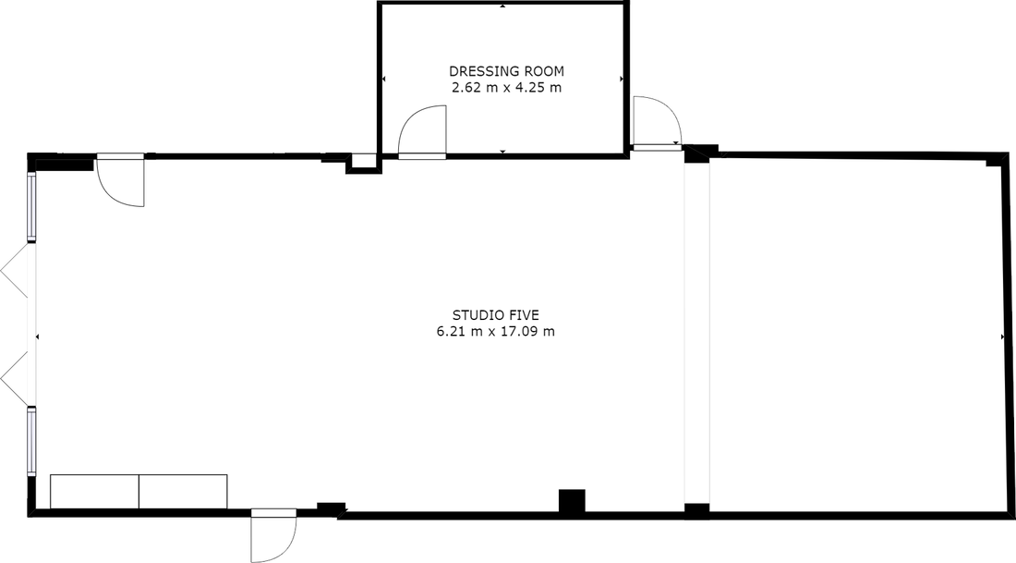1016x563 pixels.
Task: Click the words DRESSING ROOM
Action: tap(506, 70)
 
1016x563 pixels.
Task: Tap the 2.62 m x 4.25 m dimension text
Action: tap(506, 88)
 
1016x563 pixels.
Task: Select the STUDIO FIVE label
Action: tap(496, 315)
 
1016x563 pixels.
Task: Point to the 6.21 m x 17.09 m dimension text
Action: tap(496, 332)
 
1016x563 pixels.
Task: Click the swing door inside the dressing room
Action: tap(422, 132)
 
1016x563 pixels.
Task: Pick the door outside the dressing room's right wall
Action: tap(657, 123)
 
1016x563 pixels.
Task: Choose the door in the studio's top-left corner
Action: tap(120, 180)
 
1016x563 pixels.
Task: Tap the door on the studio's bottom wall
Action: tap(273, 535)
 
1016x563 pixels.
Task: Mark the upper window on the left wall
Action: tap(30, 206)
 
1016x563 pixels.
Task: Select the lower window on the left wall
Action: tap(30, 441)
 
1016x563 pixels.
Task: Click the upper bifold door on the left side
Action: tap(14, 271)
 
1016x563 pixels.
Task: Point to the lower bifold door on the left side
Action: tap(14, 379)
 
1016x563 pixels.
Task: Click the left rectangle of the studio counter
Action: tap(94, 492)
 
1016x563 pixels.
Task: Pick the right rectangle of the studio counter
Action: tap(184, 492)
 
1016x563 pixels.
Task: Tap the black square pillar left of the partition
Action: tap(572, 503)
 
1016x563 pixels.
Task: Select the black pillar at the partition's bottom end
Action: tap(696, 511)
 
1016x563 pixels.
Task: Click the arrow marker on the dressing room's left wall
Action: tap(383, 80)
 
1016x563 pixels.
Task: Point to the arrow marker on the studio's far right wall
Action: tap(1002, 337)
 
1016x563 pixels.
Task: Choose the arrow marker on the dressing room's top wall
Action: tap(503, 6)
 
